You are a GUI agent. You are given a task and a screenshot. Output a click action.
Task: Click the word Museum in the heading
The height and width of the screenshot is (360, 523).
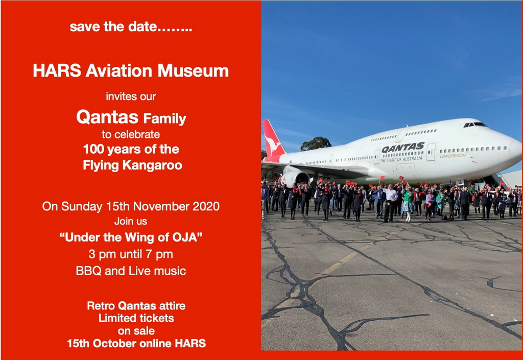pyautogui.click(x=193, y=70)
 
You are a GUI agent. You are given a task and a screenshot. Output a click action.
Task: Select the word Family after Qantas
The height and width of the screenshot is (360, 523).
pyautogui.click(x=165, y=119)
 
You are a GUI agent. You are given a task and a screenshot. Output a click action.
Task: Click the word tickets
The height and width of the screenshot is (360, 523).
pyautogui.click(x=157, y=318)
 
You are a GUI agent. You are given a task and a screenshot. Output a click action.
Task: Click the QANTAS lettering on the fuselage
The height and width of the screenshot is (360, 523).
pyautogui.click(x=402, y=148)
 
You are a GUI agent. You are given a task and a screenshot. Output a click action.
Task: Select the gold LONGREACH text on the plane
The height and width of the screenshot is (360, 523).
pyautogui.click(x=453, y=155)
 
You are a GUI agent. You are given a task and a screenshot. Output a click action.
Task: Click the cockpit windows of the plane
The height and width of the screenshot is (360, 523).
pyautogui.click(x=475, y=125)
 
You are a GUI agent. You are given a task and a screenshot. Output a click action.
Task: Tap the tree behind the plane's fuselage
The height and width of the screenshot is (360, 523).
pyautogui.click(x=316, y=143)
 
